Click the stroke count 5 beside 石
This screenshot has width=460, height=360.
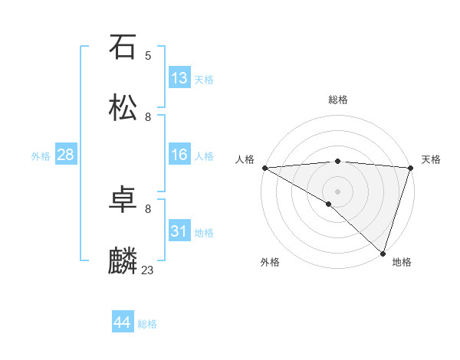pyautogui.click(x=148, y=55)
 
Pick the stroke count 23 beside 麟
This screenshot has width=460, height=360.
pyautogui.click(x=148, y=270)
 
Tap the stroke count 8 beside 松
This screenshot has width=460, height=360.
pyautogui.click(x=148, y=116)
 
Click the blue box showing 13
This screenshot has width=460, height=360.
pyautogui.click(x=179, y=78)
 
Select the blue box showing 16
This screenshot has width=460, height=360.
pyautogui.click(x=179, y=155)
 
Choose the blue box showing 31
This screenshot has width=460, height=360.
pyautogui.click(x=179, y=231)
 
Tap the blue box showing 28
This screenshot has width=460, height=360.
pyautogui.click(x=66, y=155)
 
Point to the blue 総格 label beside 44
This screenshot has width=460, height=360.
pyautogui.click(x=147, y=324)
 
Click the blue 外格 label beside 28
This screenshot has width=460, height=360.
pyautogui.click(x=41, y=156)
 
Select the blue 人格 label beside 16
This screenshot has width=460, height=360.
pyautogui.click(x=204, y=156)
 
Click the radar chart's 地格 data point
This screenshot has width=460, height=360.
pyautogui.click(x=383, y=253)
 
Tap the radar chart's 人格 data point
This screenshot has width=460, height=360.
pyautogui.click(x=264, y=167)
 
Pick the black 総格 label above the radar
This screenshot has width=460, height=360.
pyautogui.click(x=338, y=100)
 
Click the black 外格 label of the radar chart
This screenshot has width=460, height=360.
pyautogui.click(x=270, y=262)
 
